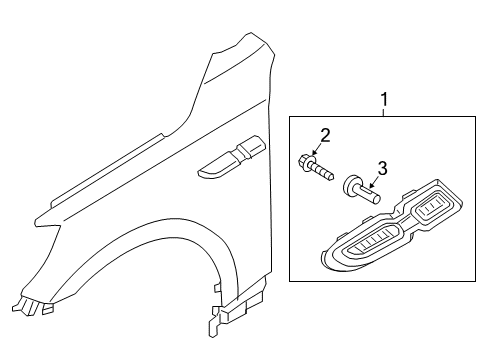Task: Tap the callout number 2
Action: [x=324, y=136]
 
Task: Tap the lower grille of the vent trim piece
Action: [x=377, y=245]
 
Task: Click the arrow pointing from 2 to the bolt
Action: [x=321, y=150]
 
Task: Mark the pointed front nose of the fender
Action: [x=34, y=222]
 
